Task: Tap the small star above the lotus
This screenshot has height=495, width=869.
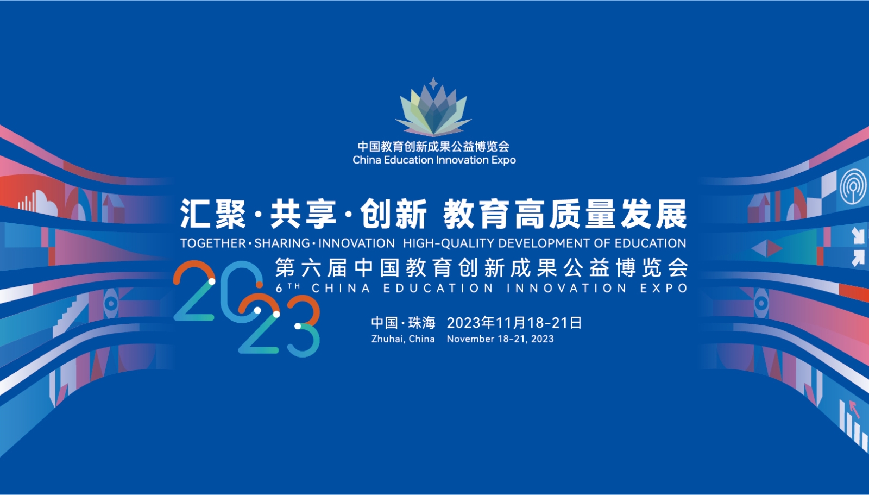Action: [433, 83]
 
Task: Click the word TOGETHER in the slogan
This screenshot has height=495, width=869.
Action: [213, 243]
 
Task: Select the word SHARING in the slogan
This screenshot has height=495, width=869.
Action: [282, 243]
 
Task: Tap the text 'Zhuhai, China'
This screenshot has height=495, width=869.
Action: [402, 339]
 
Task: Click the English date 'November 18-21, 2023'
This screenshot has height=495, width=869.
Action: [500, 339]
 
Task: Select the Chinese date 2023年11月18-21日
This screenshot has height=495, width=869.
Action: [514, 323]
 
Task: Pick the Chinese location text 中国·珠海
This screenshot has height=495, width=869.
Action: [403, 323]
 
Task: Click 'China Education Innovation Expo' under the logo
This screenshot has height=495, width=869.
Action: [434, 160]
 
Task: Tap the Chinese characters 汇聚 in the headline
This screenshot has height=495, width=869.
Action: [213, 214]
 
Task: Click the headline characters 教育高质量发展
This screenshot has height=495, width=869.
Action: [565, 214]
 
